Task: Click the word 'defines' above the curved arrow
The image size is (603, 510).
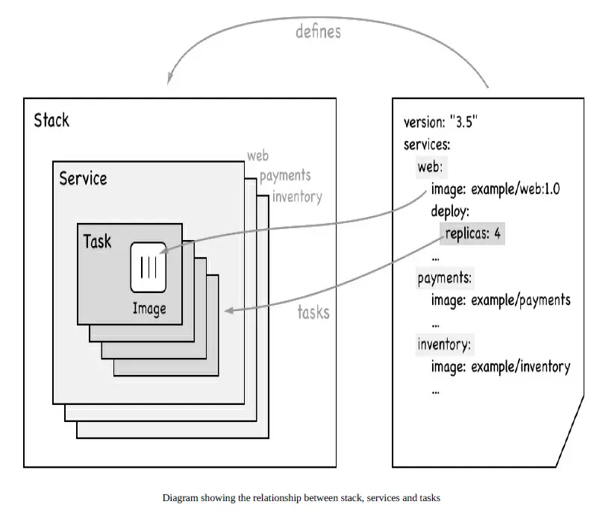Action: click(318, 32)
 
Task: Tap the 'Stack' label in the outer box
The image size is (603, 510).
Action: click(51, 120)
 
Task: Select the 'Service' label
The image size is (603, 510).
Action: click(83, 178)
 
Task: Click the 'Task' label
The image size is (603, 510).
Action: click(98, 241)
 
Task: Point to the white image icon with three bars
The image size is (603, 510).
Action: click(149, 266)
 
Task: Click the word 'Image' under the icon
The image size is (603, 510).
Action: click(149, 308)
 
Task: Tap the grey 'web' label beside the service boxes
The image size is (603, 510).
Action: click(257, 156)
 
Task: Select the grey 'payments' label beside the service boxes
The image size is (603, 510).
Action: click(284, 176)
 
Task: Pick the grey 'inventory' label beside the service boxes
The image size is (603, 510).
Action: click(296, 197)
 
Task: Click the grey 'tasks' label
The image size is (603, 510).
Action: click(313, 312)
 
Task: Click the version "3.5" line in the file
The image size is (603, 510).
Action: click(440, 122)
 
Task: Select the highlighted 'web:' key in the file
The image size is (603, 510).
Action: click(430, 167)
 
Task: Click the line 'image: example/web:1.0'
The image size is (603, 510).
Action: click(495, 189)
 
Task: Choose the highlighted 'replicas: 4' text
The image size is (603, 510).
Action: click(473, 233)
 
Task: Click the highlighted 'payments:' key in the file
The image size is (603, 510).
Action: click(444, 278)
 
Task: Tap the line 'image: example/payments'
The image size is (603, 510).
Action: click(500, 300)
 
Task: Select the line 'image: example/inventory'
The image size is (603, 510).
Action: click(500, 366)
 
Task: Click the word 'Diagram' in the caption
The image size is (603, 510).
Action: click(179, 497)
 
